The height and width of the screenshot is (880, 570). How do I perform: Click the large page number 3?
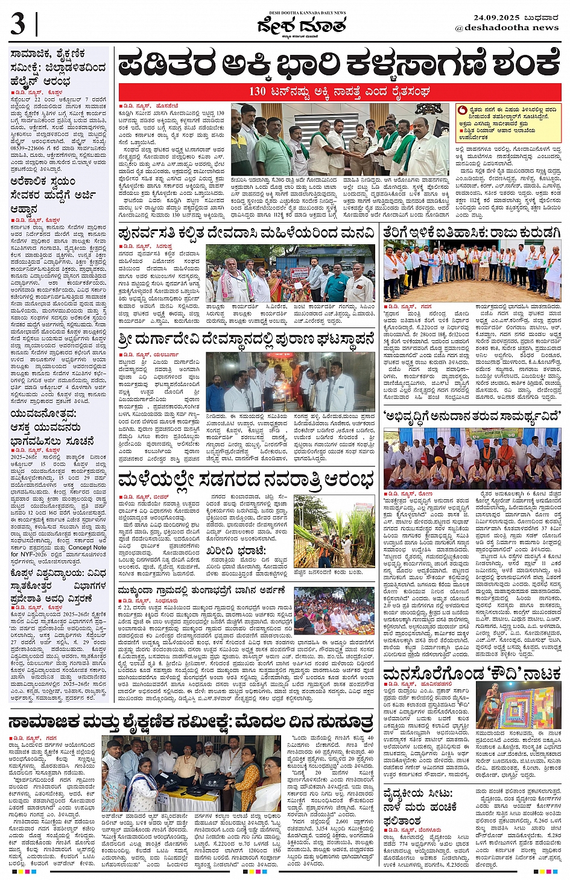click(18, 25)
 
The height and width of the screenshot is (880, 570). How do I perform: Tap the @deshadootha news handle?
click(507, 28)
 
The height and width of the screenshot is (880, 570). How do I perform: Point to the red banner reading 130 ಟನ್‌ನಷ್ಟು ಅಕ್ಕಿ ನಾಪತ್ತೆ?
click(339, 92)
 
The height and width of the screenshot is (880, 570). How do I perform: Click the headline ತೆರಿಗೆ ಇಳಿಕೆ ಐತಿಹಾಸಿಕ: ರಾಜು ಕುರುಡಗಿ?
click(472, 232)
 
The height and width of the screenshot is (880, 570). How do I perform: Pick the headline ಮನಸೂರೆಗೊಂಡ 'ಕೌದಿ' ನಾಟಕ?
click(472, 674)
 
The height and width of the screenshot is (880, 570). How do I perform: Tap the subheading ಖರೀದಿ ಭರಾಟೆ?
click(236, 551)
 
